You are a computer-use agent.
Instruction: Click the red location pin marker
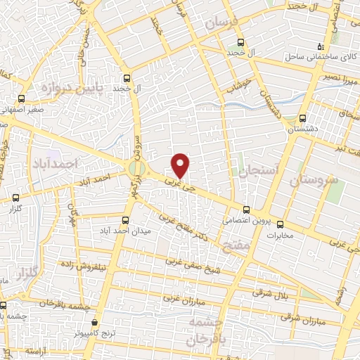[x=181, y=165]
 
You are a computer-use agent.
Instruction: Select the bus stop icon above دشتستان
[x=302, y=118]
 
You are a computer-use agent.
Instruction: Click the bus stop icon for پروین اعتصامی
[x=246, y=209]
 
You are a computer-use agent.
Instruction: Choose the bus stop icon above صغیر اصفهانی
[x=21, y=98]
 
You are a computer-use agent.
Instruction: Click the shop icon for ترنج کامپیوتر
[x=94, y=321]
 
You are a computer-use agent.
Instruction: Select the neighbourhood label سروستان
[x=313, y=179]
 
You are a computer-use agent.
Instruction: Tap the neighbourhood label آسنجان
[x=259, y=170]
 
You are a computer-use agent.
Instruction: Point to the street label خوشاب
[x=239, y=84]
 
